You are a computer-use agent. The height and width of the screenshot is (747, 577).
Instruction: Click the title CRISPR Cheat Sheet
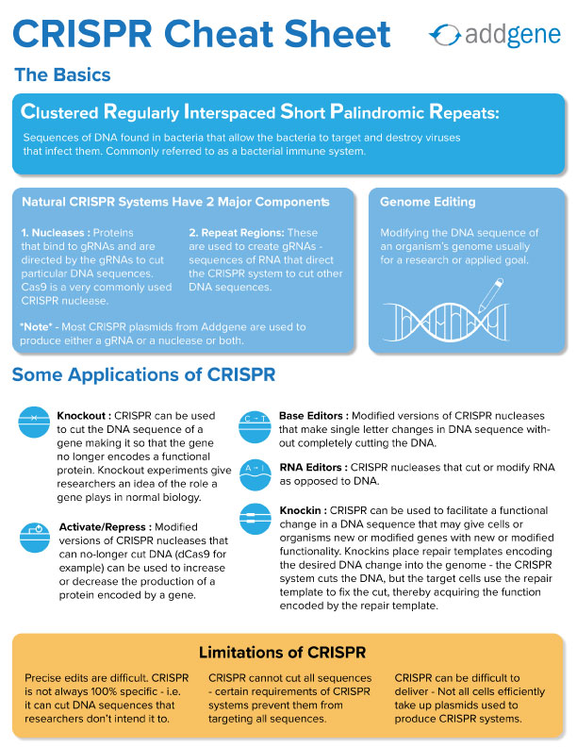point(203,35)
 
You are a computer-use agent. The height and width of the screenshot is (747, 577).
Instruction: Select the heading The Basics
point(62,75)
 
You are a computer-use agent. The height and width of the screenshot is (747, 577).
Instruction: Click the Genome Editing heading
point(427,202)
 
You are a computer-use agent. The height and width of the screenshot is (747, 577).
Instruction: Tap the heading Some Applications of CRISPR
point(143,375)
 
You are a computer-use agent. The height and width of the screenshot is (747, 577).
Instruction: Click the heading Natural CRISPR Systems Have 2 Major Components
point(175,202)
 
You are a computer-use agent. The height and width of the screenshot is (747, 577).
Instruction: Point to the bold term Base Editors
point(314,415)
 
